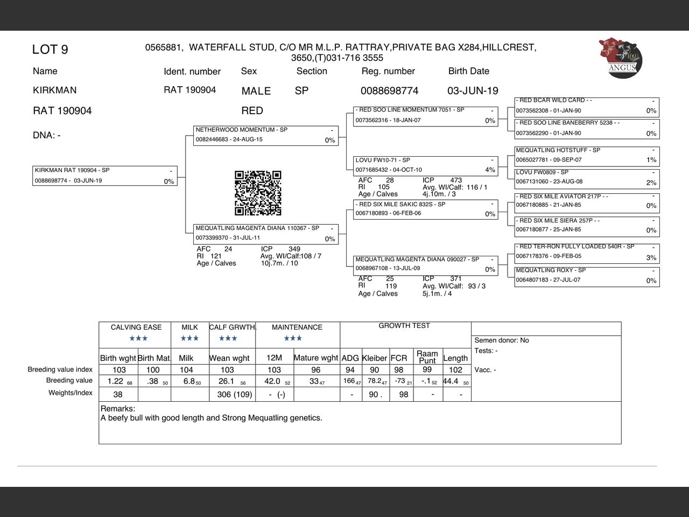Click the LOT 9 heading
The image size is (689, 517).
[50, 50]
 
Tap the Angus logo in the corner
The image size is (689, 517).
[621, 57]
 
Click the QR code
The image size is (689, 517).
[258, 193]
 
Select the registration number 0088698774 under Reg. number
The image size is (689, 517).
[389, 90]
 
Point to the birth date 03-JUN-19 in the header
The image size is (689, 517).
[473, 90]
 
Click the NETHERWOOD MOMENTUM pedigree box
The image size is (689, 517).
[266, 135]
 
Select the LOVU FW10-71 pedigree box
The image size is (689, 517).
[425, 165]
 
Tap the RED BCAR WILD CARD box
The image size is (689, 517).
[587, 106]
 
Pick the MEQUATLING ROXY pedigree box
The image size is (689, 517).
[587, 276]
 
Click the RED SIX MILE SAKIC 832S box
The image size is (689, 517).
[425, 209]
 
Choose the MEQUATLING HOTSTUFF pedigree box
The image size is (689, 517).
[587, 155]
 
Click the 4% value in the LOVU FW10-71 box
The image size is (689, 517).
[490, 170]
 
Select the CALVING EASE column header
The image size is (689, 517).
[136, 327]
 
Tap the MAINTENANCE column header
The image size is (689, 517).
[297, 327]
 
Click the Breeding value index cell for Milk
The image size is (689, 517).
[186, 370]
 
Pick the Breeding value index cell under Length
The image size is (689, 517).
[455, 370]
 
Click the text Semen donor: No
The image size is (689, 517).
[502, 340]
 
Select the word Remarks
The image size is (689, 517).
[117, 409]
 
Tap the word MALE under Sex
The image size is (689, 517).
[256, 91]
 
